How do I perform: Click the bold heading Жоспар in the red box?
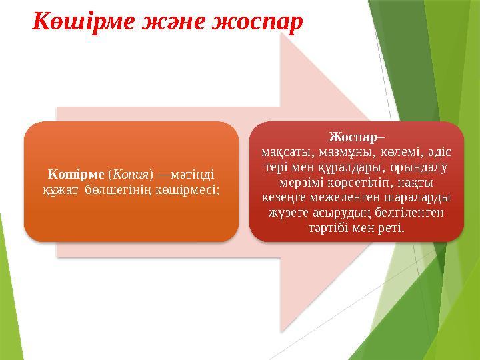pos(352,137)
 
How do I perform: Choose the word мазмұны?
pos(337,152)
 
